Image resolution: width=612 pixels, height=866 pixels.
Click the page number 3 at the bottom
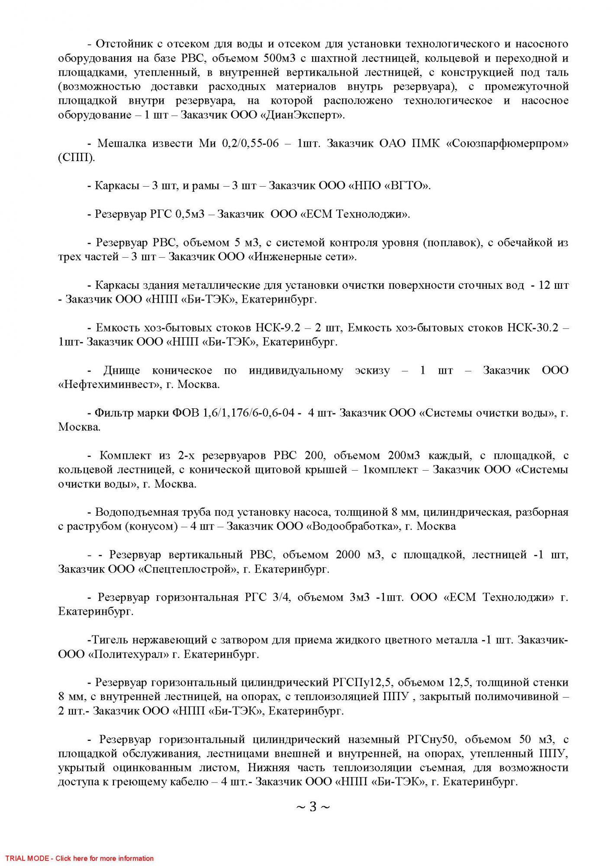pyautogui.click(x=312, y=807)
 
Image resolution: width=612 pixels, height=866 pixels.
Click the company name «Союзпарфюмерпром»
pyautogui.click(x=507, y=143)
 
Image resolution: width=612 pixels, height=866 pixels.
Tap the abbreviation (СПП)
pyautogui.click(x=76, y=158)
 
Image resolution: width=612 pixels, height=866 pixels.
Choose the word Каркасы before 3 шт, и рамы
pyautogui.click(x=115, y=186)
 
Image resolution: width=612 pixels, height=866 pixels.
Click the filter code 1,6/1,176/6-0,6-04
pyautogui.click(x=249, y=413)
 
